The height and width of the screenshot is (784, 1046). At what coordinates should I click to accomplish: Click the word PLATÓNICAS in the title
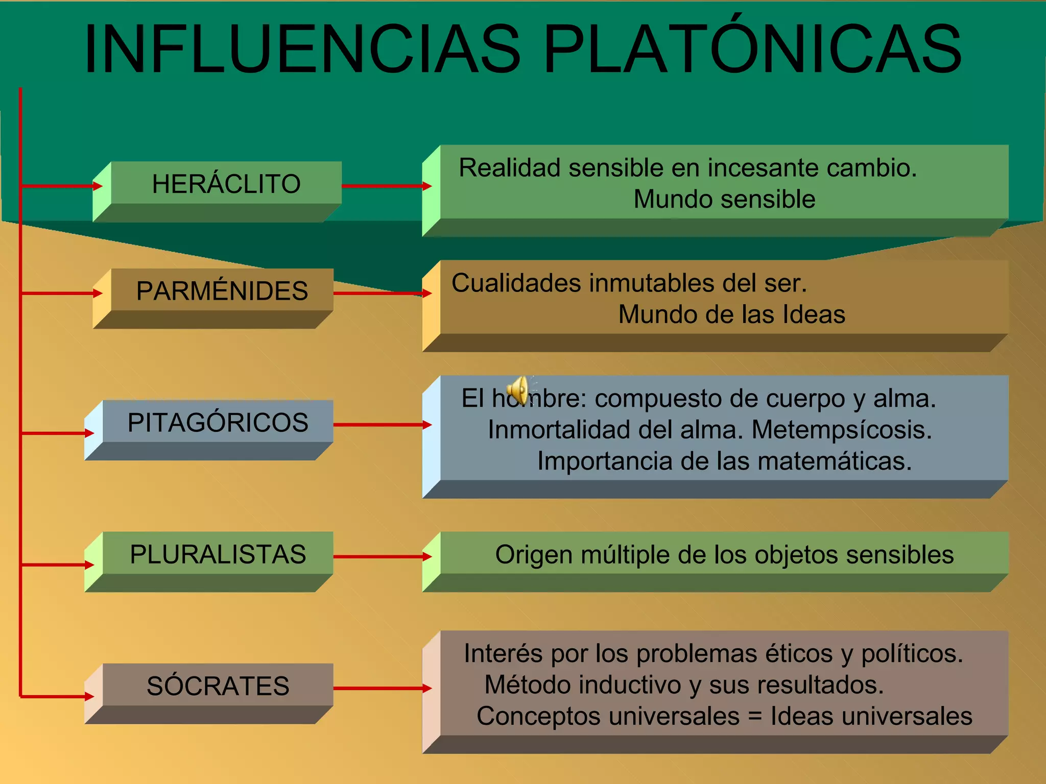[x=752, y=50]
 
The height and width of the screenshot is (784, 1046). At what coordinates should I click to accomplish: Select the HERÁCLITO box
[x=226, y=184]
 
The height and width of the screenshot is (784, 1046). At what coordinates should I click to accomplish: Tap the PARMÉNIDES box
[x=222, y=291]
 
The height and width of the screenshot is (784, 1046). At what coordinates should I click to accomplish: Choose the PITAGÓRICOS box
[x=218, y=423]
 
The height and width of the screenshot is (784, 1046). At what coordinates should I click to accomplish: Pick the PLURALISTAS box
[x=218, y=554]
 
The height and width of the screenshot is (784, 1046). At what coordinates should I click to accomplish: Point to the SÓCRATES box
[x=218, y=686]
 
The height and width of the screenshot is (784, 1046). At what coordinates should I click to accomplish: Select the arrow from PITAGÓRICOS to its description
[x=381, y=425]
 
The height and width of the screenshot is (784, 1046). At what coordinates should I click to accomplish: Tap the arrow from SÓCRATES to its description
[x=381, y=689]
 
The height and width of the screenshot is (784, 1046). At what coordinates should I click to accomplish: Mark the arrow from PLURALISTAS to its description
[x=381, y=557]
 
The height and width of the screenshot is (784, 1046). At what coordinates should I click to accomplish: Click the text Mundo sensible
[x=724, y=199]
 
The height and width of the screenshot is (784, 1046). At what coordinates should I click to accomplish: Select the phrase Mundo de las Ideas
[x=731, y=314]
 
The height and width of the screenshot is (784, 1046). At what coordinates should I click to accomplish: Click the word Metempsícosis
[x=842, y=430]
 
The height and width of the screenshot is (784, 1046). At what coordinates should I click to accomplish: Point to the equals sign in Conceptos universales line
[x=755, y=717]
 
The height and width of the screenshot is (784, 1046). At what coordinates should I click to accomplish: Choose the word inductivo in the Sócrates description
[x=630, y=685]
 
